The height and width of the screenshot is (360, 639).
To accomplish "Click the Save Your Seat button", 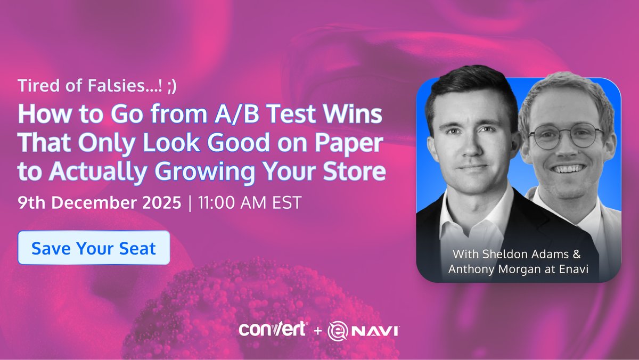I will (94, 248).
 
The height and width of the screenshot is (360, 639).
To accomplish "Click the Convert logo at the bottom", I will (272, 329).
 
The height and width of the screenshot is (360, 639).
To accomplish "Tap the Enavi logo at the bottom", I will (364, 330).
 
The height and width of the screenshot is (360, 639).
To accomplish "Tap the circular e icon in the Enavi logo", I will (337, 331).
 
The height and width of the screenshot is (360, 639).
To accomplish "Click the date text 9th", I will (30, 203).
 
